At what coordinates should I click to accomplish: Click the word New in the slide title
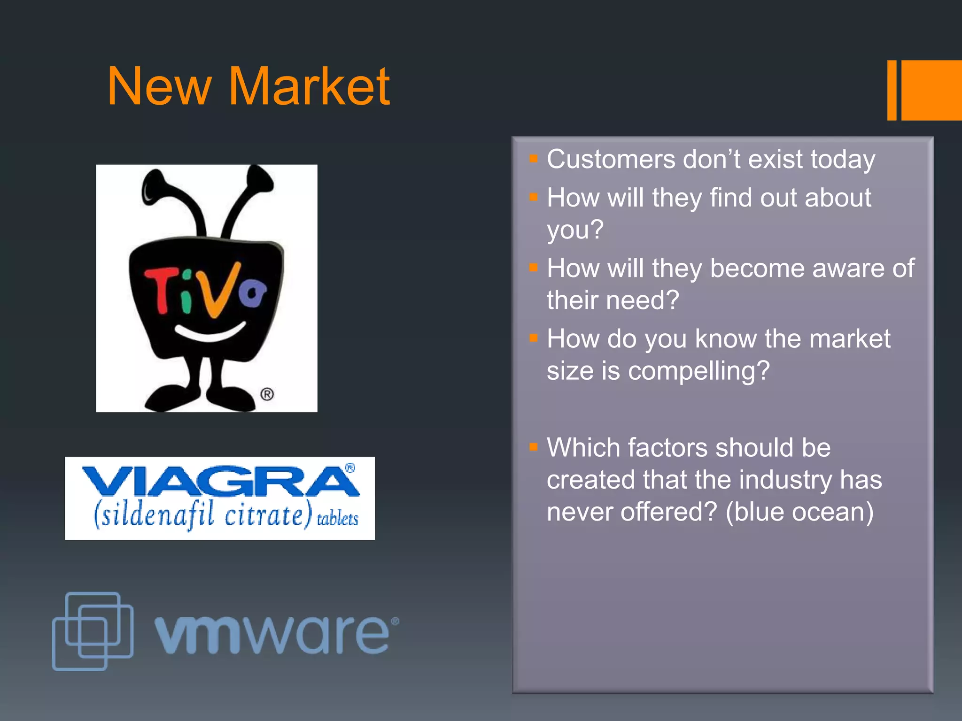coord(159,87)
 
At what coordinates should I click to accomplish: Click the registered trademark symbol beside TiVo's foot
coord(267,394)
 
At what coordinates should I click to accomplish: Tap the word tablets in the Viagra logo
coord(338,519)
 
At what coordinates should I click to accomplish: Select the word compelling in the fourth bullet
coord(698,371)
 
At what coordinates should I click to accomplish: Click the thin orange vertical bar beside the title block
coord(892,90)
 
